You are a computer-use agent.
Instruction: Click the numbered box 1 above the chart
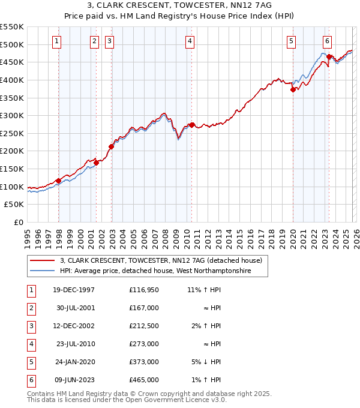click(56, 41)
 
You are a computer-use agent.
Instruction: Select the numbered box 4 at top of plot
click(189, 41)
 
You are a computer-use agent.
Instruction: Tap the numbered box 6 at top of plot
click(327, 41)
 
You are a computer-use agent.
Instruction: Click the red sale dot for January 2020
click(293, 89)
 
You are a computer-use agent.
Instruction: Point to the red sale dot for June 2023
click(329, 57)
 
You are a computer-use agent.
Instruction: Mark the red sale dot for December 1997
click(58, 181)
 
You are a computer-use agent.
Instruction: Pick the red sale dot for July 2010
click(192, 125)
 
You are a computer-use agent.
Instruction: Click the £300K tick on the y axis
click(12, 115)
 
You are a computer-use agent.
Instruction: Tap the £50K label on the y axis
click(14, 205)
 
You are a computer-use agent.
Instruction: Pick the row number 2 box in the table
click(31, 308)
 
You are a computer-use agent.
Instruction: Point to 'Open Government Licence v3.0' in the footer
click(176, 400)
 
